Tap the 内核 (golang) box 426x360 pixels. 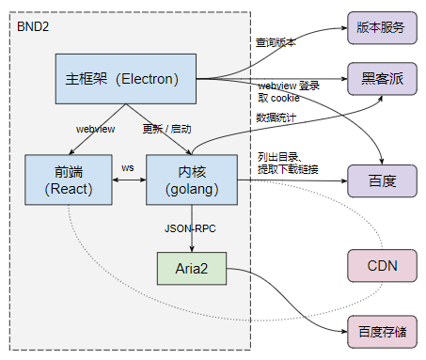click(192, 180)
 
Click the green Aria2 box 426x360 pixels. click(191, 268)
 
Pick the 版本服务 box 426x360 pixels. click(381, 26)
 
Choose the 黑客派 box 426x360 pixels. click(381, 77)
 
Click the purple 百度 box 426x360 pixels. click(381, 180)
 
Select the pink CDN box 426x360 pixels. click(381, 267)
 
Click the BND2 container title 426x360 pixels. click(34, 23)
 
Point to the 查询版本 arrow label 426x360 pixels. click(276, 42)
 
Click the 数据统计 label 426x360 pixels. click(276, 117)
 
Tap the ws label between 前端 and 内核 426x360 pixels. click(127, 167)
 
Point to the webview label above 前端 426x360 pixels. click(94, 128)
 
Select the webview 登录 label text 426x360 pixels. click(289, 86)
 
